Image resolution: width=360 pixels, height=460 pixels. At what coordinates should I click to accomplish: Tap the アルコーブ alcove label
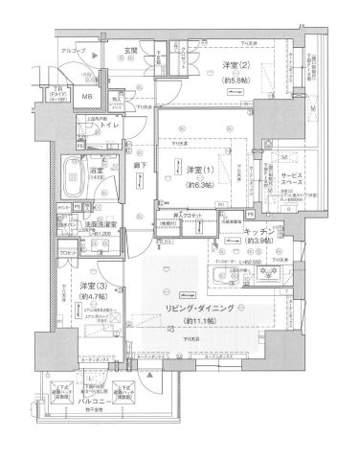tap(73, 49)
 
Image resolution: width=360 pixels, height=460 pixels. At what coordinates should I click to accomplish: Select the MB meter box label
tap(85, 97)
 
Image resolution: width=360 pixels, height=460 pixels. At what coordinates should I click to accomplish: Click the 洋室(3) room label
tap(92, 287)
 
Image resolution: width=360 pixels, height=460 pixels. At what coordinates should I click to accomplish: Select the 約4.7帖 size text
tap(92, 300)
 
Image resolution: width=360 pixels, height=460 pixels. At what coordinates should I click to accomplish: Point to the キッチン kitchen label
tap(259, 232)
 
